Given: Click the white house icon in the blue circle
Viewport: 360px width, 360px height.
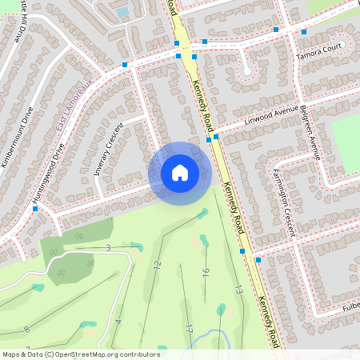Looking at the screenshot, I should (x=180, y=172).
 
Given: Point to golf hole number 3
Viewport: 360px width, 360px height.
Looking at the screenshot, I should (x=108, y=248).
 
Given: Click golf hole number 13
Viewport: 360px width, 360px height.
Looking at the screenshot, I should (x=238, y=289).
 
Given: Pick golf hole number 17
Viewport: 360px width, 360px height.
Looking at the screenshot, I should (x=189, y=328).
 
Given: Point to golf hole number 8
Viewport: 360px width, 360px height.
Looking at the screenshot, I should (x=26, y=329).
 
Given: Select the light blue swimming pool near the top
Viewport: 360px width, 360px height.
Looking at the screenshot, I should (x=122, y=12).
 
